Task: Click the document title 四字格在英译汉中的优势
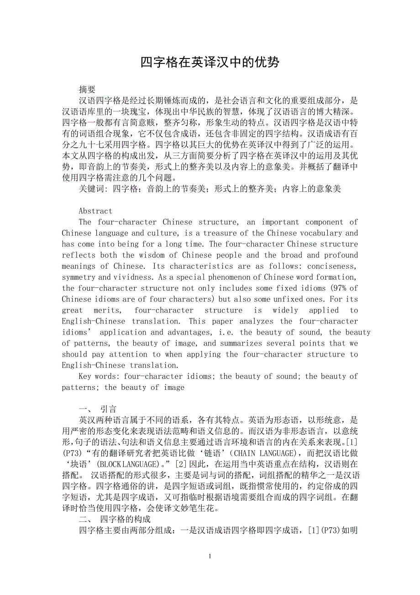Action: (x=210, y=63)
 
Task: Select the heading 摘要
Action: (x=87, y=90)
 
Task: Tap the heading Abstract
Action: (x=95, y=211)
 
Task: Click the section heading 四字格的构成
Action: (x=125, y=520)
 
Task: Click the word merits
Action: (x=110, y=310)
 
